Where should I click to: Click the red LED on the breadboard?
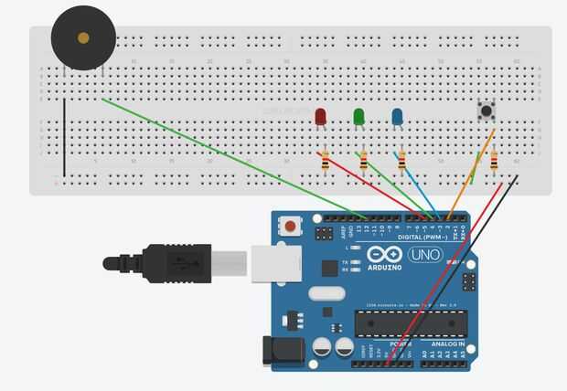tap(320, 117)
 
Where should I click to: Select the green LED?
tap(358, 117)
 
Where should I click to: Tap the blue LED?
tap(397, 117)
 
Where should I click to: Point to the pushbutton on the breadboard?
tap(487, 111)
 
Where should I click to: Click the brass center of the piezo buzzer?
tap(83, 38)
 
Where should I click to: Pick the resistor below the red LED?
tap(325, 160)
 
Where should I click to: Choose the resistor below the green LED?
tap(363, 161)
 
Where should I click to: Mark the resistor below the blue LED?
tap(401, 161)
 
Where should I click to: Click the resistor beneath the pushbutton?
tap(494, 162)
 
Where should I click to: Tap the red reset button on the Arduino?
tap(290, 226)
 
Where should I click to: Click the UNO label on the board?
tap(424, 255)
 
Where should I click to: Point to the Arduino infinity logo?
tap(383, 255)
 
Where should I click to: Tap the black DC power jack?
tap(271, 353)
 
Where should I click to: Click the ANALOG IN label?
tap(446, 343)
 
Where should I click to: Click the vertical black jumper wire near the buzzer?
tap(64, 137)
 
